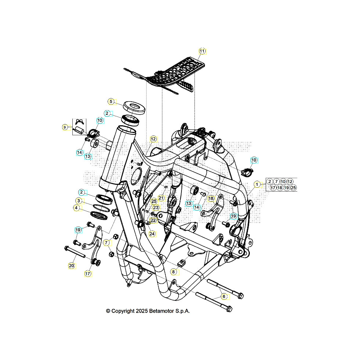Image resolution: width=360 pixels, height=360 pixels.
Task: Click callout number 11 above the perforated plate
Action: tap(203, 51)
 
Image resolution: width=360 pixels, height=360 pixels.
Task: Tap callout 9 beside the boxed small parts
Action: tap(65, 127)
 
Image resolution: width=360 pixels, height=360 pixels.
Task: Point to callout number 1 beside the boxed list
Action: tap(258, 184)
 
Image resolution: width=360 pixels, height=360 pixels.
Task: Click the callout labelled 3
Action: tap(79, 201)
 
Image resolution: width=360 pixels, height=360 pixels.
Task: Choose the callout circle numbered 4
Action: tap(76, 208)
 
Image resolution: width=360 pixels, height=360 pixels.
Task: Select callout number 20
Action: tap(72, 266)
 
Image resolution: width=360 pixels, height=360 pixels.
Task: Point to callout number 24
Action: tap(152, 234)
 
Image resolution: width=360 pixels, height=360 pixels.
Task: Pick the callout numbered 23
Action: tap(156, 208)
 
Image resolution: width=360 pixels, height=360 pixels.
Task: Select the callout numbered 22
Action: tap(153, 220)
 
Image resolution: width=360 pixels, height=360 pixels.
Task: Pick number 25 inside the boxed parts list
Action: tap(293, 188)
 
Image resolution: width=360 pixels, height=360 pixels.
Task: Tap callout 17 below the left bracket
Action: tap(88, 274)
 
